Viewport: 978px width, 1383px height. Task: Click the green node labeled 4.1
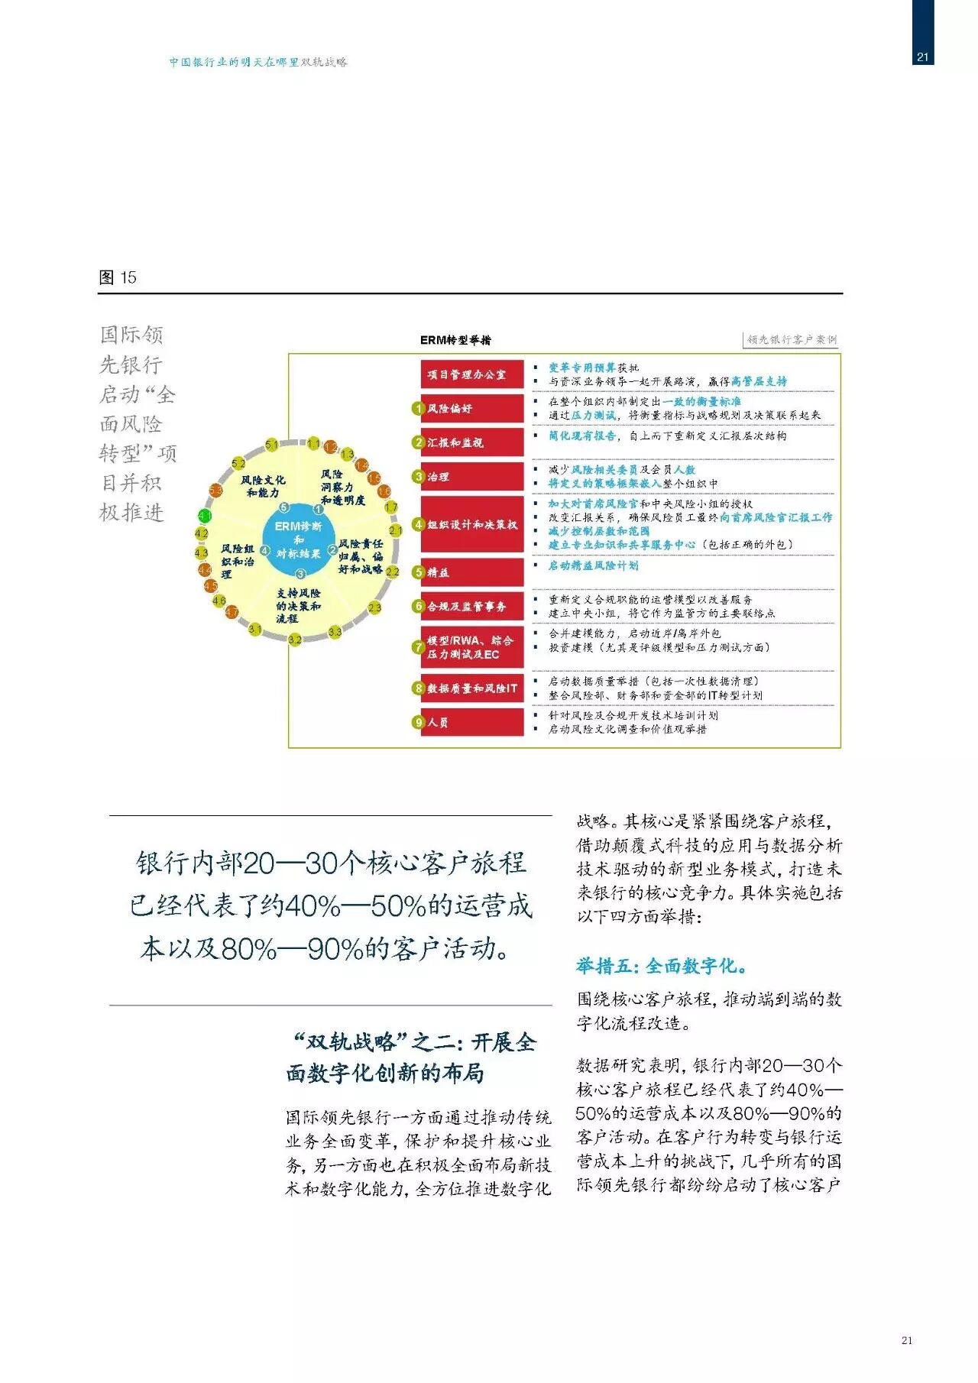205,517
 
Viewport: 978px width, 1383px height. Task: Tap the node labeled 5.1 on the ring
272,445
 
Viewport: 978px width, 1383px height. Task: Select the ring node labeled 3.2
295,640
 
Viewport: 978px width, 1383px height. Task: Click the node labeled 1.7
390,507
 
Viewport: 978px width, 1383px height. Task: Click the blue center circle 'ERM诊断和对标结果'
299,539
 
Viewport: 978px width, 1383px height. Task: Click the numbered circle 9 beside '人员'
419,722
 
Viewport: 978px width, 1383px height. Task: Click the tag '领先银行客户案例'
792,339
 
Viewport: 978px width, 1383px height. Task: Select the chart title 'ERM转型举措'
455,340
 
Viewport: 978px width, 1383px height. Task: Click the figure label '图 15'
118,277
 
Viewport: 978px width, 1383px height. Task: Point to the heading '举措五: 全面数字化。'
661,966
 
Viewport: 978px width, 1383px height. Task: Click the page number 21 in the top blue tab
922,57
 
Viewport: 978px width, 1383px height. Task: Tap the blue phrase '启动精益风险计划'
593,565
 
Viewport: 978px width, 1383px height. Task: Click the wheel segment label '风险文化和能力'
263,486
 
